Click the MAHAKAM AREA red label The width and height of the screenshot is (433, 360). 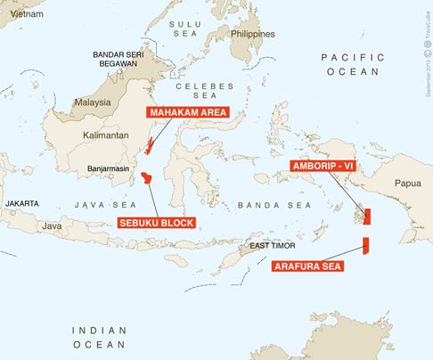[x=187, y=113]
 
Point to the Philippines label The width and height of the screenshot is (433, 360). [x=252, y=33]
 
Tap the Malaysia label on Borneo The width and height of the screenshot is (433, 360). [x=91, y=102]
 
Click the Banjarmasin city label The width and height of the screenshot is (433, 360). [x=110, y=168]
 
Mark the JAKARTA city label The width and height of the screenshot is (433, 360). [x=24, y=204]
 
